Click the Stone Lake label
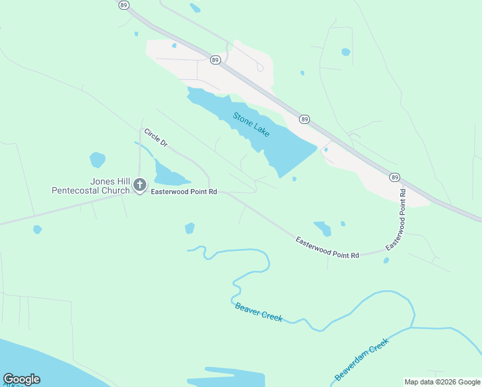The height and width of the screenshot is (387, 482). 251,124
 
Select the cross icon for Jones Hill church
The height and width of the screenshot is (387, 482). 140,186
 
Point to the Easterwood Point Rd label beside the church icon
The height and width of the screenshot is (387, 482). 184,192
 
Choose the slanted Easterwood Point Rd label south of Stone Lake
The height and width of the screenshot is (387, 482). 327,248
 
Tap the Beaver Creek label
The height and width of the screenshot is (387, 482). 258,313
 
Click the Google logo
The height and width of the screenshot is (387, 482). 21,379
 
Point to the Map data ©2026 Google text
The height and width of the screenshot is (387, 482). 443,382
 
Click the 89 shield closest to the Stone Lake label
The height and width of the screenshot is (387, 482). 304,119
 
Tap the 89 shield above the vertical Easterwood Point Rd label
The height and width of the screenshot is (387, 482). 394,177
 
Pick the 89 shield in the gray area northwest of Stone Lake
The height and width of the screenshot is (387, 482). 215,60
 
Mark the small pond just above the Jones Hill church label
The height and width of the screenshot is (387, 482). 97,159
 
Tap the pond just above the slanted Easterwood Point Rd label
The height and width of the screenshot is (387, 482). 323,228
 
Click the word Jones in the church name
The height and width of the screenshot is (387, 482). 101,182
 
